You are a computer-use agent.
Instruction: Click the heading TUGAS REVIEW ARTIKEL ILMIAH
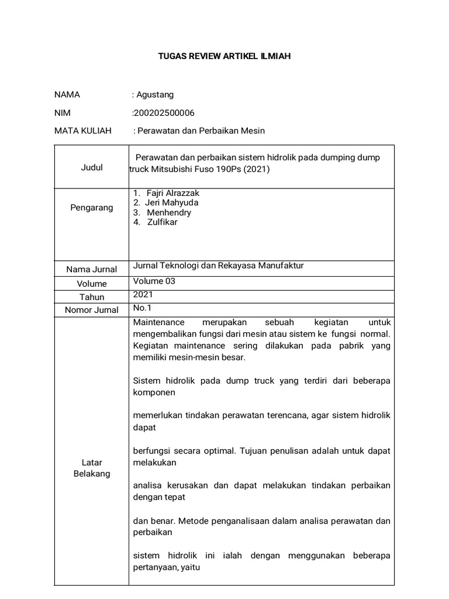tap(224, 56)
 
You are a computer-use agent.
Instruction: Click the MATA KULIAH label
tap(82, 130)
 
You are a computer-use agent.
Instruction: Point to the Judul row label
tap(92, 167)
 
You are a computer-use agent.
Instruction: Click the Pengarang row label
tap(92, 208)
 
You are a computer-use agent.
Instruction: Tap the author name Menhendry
tap(169, 212)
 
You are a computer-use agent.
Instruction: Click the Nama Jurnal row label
tap(92, 270)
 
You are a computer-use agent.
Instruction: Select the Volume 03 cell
tap(154, 281)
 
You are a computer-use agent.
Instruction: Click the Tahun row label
tap(92, 297)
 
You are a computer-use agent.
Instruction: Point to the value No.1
tap(142, 308)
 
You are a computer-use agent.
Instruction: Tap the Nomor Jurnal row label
tap(92, 310)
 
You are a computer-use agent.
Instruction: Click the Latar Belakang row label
tap(92, 468)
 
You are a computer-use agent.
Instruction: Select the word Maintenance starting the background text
tap(158, 322)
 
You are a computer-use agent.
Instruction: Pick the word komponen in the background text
tap(154, 393)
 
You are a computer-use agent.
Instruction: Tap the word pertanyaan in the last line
tap(156, 567)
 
